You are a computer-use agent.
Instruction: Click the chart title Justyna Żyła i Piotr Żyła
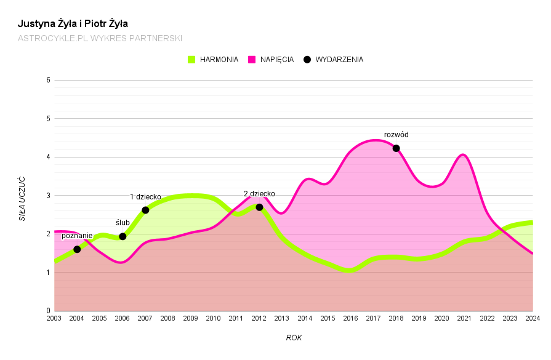tap(73, 24)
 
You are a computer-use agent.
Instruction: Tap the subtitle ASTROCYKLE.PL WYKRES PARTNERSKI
tap(100, 38)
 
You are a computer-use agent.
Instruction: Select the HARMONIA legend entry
tap(213, 60)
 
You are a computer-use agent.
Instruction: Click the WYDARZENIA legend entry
tap(334, 60)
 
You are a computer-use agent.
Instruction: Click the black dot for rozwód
tap(396, 148)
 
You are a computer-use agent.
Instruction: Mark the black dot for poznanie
tap(77, 249)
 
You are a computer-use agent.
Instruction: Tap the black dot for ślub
tap(123, 236)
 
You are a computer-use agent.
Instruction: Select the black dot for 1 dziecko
tap(145, 210)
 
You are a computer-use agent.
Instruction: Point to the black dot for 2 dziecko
tap(259, 207)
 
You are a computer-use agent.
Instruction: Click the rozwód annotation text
tap(396, 135)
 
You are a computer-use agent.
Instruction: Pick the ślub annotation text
tap(123, 223)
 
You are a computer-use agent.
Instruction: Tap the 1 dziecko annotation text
tap(145, 197)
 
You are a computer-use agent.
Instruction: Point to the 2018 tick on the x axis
tap(396, 318)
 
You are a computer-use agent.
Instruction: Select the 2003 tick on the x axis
tap(54, 318)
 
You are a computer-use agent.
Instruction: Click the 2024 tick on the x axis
tap(533, 318)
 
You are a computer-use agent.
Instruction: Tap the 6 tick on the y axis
tap(47, 80)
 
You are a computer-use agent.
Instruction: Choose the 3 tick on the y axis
tap(47, 196)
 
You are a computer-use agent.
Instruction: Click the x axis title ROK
tap(294, 338)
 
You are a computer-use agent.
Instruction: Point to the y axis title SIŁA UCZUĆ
tap(22, 198)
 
